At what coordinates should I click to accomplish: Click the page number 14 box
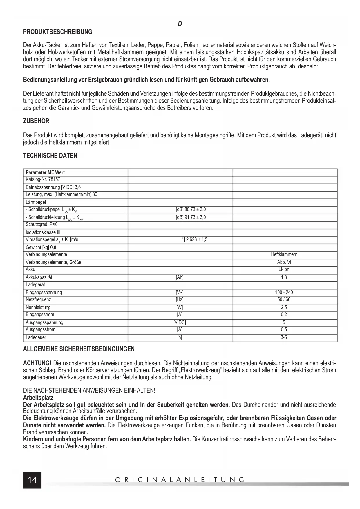(32, 480)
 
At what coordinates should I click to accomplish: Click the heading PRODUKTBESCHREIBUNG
(58, 32)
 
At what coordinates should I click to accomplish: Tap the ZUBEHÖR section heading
(36, 121)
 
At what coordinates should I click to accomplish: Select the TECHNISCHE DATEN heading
(50, 156)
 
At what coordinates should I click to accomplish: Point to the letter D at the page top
(180, 24)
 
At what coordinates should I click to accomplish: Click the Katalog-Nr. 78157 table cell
(43, 179)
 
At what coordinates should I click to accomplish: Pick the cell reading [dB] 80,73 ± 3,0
(191, 210)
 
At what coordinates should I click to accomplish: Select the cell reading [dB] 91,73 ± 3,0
(191, 217)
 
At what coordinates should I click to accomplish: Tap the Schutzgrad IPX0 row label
(42, 225)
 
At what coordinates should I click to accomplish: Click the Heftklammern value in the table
(284, 255)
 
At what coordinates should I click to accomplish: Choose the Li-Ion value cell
(284, 269)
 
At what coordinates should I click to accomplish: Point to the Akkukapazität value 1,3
(284, 277)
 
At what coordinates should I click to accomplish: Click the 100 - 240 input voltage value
(284, 293)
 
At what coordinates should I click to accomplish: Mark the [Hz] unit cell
(180, 299)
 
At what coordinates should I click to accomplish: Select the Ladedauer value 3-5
(284, 337)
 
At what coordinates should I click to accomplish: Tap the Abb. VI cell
(284, 262)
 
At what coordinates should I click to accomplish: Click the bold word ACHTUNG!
(37, 363)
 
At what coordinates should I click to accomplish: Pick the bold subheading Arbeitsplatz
(38, 398)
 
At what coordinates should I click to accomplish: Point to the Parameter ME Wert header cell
(45, 172)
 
